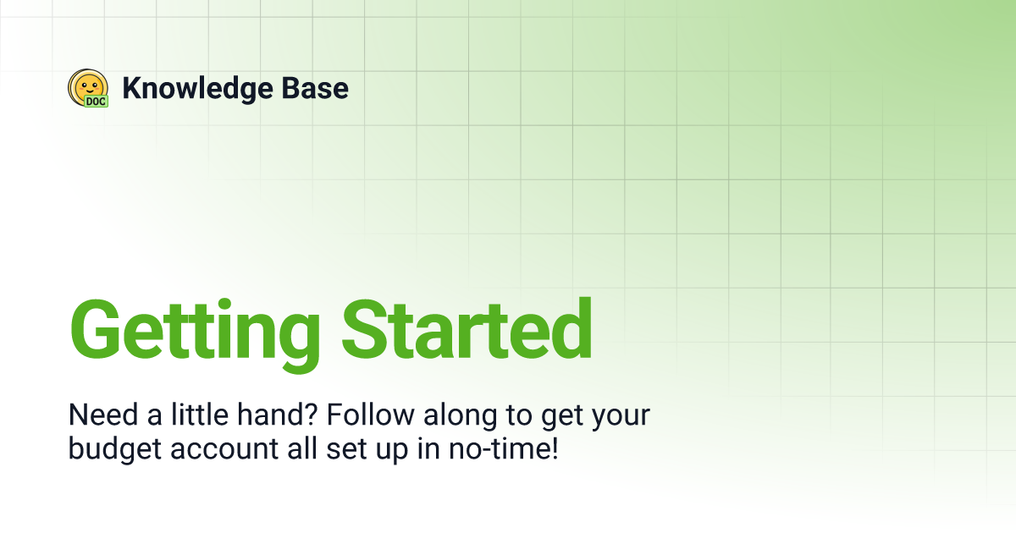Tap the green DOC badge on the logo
[96, 101]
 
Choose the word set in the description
[344, 449]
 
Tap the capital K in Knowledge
[132, 88]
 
